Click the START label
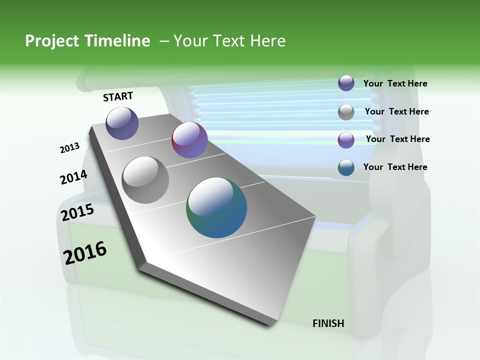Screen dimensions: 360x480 [118, 96]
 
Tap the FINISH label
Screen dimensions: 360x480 [328, 323]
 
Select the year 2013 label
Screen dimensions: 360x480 [69, 148]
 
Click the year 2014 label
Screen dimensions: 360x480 [73, 177]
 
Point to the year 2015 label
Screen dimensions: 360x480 [77, 212]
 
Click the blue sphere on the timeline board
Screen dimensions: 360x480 [122, 123]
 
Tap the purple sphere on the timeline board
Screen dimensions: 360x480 [189, 140]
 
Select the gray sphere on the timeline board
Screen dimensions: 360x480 [145, 180]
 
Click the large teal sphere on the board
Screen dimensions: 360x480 [216, 207]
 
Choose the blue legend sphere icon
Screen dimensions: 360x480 [346, 83]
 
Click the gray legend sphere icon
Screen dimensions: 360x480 [346, 112]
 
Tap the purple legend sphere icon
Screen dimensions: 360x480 [346, 140]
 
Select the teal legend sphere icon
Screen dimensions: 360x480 [346, 168]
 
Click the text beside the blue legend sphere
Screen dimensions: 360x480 [395, 83]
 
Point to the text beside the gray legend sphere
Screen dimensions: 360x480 [396, 111]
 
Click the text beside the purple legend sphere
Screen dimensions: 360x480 [397, 139]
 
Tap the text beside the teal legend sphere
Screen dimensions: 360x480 [395, 167]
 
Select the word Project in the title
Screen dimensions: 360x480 [51, 41]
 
